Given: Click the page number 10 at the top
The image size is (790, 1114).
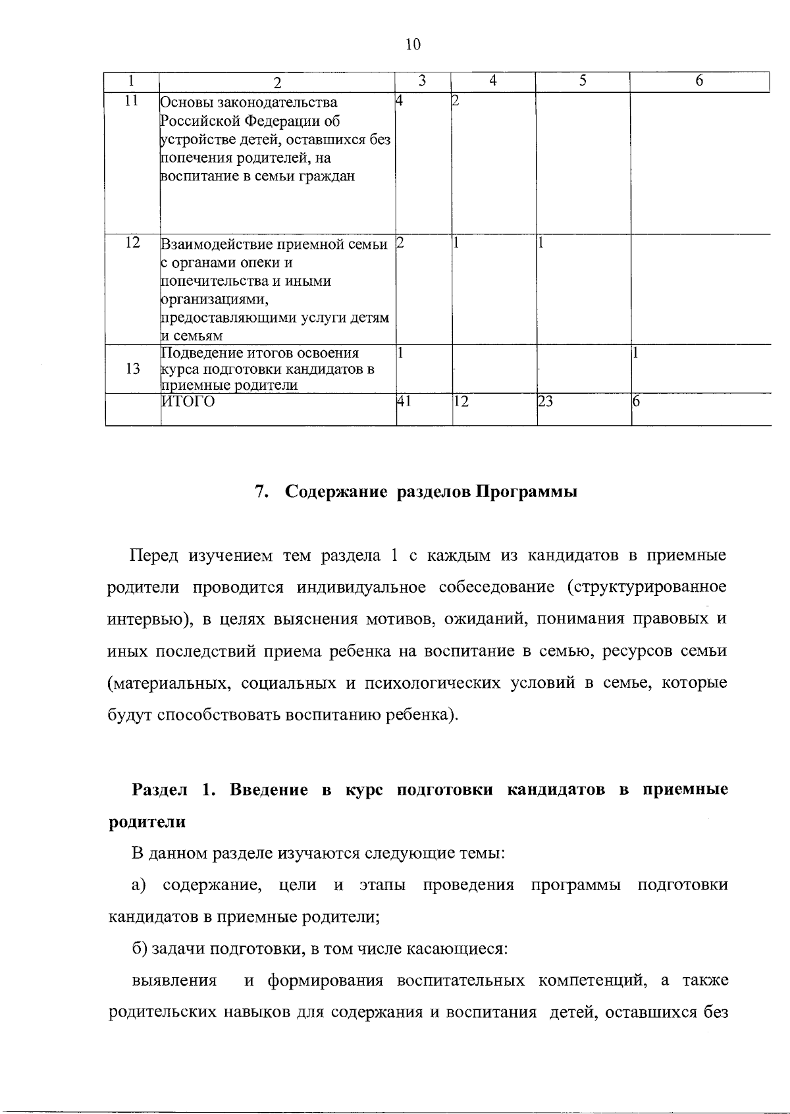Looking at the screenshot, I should point(412,45).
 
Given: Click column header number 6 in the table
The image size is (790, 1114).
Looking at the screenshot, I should point(699,81).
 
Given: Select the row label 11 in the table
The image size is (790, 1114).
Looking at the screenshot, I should point(132,101).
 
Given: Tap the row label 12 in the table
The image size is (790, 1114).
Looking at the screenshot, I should point(132,242).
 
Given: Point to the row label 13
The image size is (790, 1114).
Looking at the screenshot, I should point(132,369).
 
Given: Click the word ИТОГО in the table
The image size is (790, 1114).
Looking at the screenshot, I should point(189,402).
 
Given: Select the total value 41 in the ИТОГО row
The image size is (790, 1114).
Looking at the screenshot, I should point(403,401).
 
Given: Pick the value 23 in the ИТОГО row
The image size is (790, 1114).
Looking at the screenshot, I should point(544,401).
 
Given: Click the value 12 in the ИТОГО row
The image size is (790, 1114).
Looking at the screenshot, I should point(460,401).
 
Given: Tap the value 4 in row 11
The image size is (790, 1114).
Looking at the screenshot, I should point(398,101).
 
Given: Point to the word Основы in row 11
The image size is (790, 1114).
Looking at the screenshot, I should point(184,103).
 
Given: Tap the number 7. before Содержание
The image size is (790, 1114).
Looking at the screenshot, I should point(260,492).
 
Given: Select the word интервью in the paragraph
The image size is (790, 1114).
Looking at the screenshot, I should point(140,620).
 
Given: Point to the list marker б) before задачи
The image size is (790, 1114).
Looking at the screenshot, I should point(140,949).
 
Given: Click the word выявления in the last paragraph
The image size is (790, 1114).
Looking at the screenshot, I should point(174,981).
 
